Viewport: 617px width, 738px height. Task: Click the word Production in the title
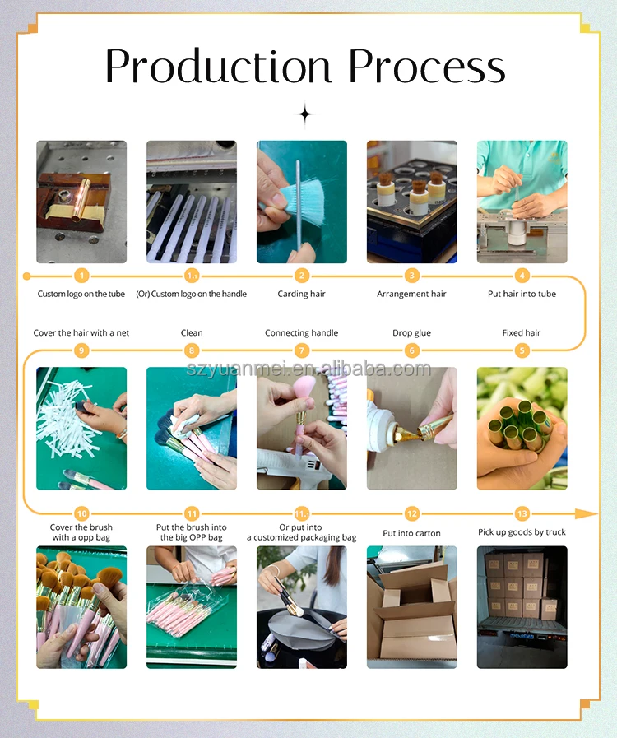(x=218, y=67)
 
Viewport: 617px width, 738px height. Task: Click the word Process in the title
(x=427, y=67)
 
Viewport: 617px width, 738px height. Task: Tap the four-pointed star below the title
(x=305, y=114)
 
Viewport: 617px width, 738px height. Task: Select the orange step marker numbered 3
(x=412, y=276)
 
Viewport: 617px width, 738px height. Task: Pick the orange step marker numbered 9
(x=81, y=350)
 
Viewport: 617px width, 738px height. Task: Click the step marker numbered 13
(x=522, y=513)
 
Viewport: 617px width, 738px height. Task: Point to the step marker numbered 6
(x=412, y=350)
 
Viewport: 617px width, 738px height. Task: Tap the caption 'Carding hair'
(x=301, y=294)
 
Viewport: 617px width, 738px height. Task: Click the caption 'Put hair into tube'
(x=522, y=294)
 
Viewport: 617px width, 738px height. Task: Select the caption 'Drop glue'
(x=412, y=332)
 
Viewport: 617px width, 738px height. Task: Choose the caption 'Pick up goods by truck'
(x=522, y=531)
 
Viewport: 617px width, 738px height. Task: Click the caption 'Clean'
(x=192, y=332)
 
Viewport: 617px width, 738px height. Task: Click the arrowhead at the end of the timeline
(x=587, y=513)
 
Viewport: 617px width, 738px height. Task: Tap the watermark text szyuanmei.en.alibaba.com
(x=308, y=369)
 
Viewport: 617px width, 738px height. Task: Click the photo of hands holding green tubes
(x=522, y=429)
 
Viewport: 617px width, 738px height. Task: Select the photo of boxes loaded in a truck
(x=522, y=607)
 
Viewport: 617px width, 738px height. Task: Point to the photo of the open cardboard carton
(x=412, y=607)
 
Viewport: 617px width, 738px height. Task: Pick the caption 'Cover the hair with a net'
(x=81, y=332)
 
